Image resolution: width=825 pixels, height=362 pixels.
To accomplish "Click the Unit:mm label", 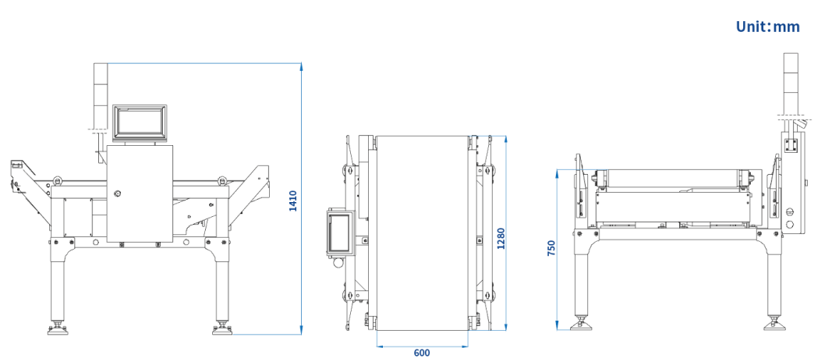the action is point(767,27).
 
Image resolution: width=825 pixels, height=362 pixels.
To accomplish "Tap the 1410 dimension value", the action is point(293,201).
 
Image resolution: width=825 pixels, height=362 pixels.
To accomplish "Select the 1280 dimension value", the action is point(501,239).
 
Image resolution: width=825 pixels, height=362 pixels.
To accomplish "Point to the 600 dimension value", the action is point(421,353).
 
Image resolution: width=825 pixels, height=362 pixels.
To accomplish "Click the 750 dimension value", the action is point(551,248).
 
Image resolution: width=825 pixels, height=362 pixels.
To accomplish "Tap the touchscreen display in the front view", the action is point(140,122).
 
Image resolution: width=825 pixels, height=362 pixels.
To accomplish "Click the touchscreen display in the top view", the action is point(339,233).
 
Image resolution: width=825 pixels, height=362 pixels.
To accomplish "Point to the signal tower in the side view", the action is point(791,84).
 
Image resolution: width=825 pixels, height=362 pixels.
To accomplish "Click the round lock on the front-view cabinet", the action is point(118,193).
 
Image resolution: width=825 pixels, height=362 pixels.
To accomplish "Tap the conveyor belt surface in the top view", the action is point(422,233).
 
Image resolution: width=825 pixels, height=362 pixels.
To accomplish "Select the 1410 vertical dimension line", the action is point(301,198).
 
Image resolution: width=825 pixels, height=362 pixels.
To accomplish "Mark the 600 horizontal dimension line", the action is point(422,346).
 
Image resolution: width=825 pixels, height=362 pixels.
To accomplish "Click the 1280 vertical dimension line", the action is point(506,233).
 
